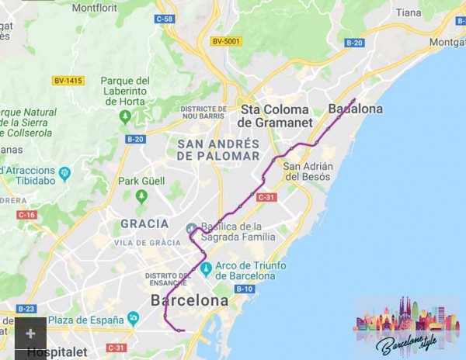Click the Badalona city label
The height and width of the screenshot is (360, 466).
tap(356, 109)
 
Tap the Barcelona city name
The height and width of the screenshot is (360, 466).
tap(190, 300)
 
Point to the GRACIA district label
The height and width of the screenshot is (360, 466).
tap(144, 223)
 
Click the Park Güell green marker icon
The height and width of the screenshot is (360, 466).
tap(141, 195)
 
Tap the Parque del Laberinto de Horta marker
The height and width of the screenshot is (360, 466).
tap(125, 116)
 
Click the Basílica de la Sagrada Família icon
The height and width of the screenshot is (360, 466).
tap(192, 228)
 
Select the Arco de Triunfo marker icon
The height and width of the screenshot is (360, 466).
tap(206, 269)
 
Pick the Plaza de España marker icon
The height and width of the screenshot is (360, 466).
tap(133, 318)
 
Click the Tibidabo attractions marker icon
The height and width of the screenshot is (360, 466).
tap(64, 173)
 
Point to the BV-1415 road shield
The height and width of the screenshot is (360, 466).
tap(68, 81)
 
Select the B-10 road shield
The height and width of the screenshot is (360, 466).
tap(244, 289)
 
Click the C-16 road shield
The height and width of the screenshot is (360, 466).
tap(26, 214)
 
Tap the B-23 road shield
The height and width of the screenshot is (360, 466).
tap(26, 308)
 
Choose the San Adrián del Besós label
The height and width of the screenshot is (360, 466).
tap(308, 171)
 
